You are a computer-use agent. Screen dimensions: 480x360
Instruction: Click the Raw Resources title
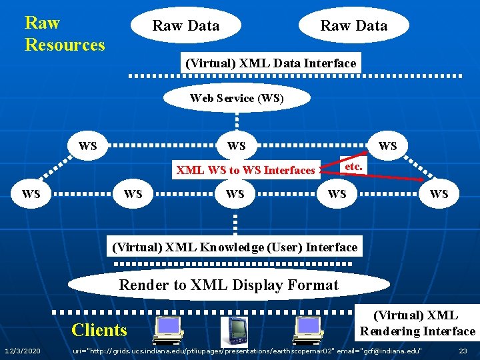click(65, 34)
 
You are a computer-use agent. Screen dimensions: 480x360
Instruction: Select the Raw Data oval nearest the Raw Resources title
click(185, 26)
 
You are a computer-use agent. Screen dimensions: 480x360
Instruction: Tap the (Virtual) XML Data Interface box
click(271, 63)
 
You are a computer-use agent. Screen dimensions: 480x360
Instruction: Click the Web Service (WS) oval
click(237, 99)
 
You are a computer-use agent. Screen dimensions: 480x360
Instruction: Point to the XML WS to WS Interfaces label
click(245, 171)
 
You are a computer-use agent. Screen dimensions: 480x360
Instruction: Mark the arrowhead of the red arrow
click(421, 180)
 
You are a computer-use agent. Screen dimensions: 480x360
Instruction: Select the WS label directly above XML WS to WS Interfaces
click(236, 146)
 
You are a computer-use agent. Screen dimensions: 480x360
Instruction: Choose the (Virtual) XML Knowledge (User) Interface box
click(235, 247)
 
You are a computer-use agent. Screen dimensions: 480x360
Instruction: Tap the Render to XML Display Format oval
click(229, 285)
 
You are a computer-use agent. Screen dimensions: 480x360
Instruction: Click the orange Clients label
click(99, 330)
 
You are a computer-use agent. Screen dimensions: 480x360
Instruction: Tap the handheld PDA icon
click(237, 331)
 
